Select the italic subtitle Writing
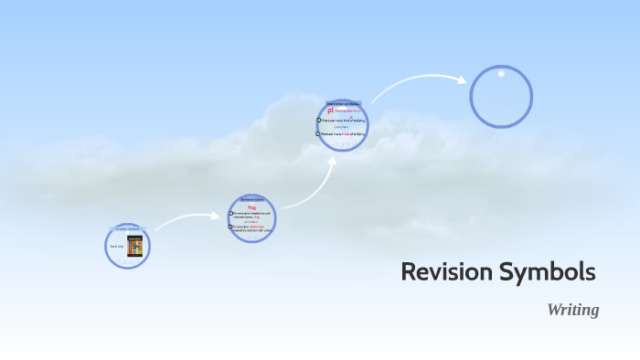pos(572,310)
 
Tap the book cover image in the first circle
pos(134,246)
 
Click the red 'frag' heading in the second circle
pos(251,207)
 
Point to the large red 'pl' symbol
pos(331,111)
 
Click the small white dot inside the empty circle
pos(500,74)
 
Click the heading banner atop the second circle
pos(251,198)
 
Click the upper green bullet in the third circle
pos(319,120)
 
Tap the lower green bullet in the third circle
pos(319,133)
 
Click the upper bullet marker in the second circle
pos(231,214)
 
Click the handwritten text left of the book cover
pos(115,247)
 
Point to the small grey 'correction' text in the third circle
pos(341,127)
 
